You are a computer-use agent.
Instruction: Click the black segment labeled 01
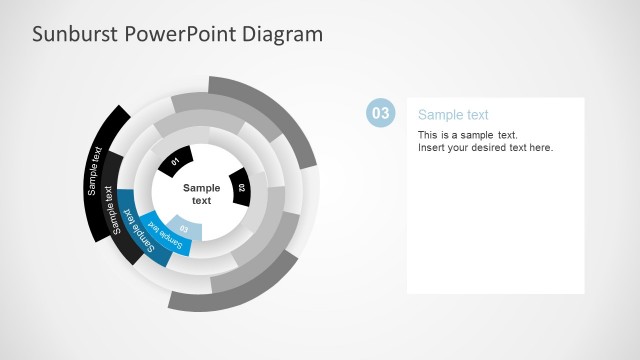pyautogui.click(x=174, y=161)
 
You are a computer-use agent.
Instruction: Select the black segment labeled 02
pyautogui.click(x=240, y=186)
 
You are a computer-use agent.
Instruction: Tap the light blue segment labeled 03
pyautogui.click(x=184, y=228)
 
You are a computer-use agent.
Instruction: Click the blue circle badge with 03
pyautogui.click(x=380, y=113)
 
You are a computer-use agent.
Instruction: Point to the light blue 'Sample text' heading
pyautogui.click(x=453, y=115)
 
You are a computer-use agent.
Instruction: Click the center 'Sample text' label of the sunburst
pyautogui.click(x=201, y=194)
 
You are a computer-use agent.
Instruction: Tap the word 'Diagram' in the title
pyautogui.click(x=285, y=34)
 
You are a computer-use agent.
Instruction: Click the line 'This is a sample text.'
pyautogui.click(x=467, y=135)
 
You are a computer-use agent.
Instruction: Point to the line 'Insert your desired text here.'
pyautogui.click(x=485, y=148)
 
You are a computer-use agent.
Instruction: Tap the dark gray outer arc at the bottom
pyautogui.click(x=240, y=289)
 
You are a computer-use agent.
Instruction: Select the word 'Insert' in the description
pyautogui.click(x=430, y=148)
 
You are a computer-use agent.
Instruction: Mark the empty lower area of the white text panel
pyautogui.click(x=495, y=240)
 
